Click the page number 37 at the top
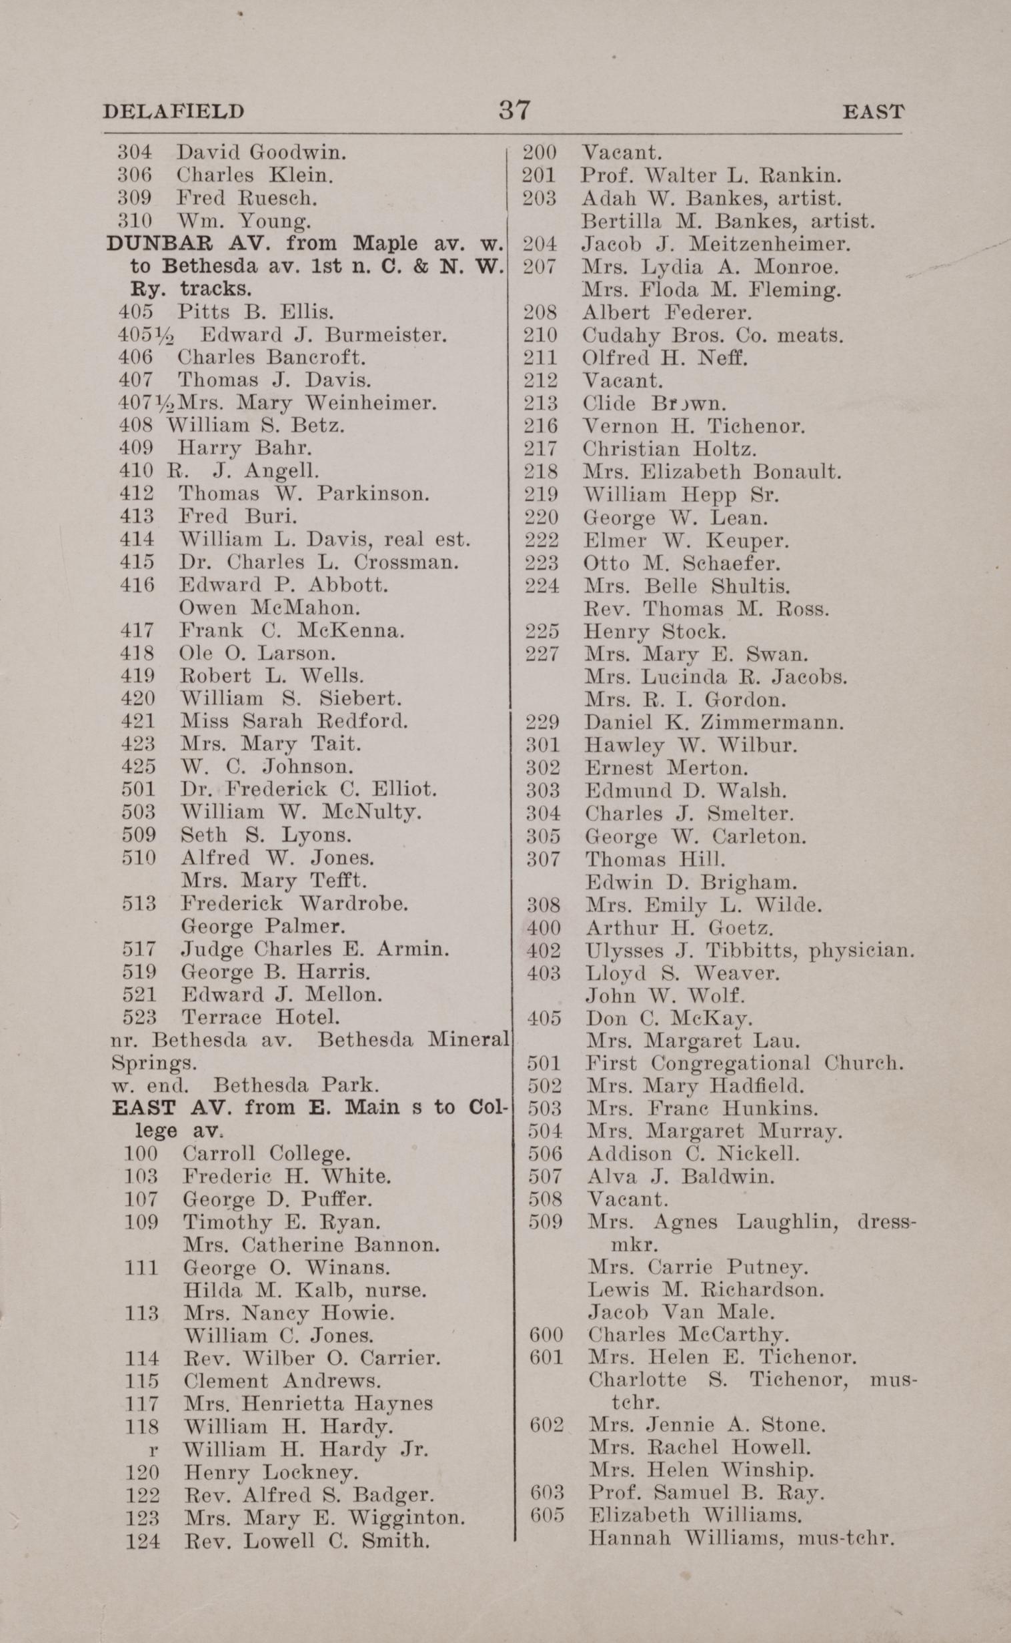coord(514,109)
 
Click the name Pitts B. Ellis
coord(255,312)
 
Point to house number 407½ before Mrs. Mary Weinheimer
coord(141,404)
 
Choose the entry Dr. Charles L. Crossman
coord(319,562)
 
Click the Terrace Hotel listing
coord(261,1017)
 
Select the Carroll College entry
coord(267,1153)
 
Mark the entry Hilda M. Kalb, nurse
coord(305,1290)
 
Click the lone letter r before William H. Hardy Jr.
coord(154,1449)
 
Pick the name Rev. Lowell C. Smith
coord(307,1541)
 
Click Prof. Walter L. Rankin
coord(711,176)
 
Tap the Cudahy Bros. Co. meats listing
coord(712,335)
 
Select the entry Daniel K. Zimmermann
coord(714,722)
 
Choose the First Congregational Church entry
coord(744,1063)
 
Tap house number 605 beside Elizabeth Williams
coord(546,1518)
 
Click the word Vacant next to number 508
coord(627,1199)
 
